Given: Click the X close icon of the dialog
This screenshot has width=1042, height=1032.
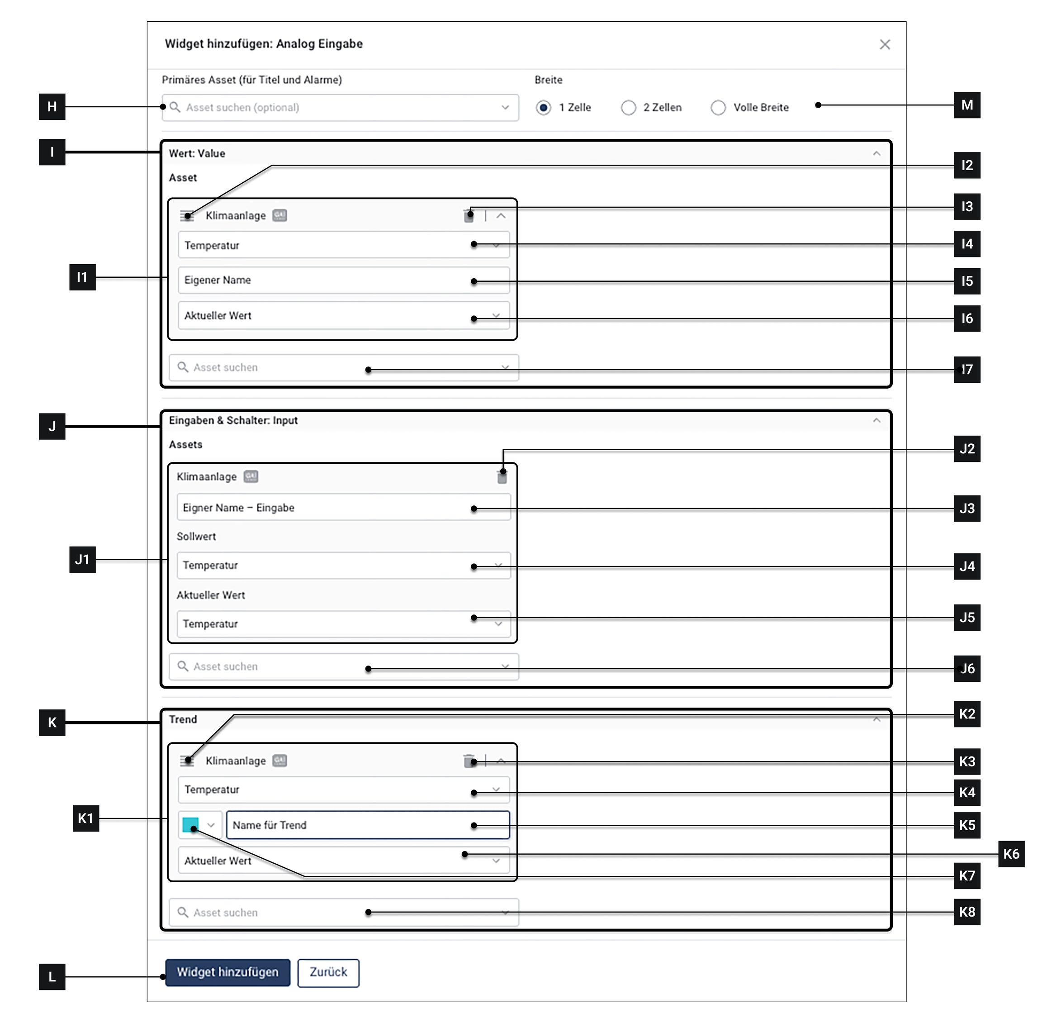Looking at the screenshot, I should coord(885,45).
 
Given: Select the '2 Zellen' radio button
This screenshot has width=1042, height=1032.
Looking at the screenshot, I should coord(628,108).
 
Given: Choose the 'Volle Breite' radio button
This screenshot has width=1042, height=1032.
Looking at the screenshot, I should coord(718,108).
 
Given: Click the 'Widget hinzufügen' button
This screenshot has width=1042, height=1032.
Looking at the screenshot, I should coord(227,972).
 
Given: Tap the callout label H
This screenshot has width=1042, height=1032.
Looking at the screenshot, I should coord(52,107).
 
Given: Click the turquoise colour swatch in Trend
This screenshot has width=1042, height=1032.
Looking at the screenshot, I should coord(190,825).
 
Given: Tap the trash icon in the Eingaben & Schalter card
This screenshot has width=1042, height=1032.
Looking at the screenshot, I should coord(502,477).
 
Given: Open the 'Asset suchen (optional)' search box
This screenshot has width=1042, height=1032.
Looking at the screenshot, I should coord(340,108).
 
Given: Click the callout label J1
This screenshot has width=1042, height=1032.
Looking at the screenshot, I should coord(82,559).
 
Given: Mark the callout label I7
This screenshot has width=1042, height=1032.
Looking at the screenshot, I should coord(966,370).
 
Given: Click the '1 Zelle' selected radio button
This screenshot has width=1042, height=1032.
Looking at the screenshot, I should coord(543,108).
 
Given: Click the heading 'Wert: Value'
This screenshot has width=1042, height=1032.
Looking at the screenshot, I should coord(197,154).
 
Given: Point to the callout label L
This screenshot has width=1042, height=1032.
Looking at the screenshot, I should coord(52,977).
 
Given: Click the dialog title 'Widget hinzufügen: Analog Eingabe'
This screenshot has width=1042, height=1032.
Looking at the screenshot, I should coord(264,44).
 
